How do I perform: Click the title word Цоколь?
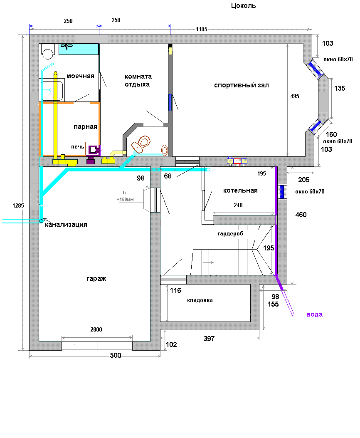(243, 6)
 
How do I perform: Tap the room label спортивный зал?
(242, 85)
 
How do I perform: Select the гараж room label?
(96, 279)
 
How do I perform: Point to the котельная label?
(240, 191)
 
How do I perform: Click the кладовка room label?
(200, 300)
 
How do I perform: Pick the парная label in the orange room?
(85, 127)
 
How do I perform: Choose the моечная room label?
(80, 76)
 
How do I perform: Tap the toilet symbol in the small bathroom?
(141, 144)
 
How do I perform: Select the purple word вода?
(315, 314)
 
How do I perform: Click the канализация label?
(66, 225)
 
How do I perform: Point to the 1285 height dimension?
(18, 205)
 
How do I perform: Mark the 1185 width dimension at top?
(202, 30)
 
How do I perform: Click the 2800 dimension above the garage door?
(96, 329)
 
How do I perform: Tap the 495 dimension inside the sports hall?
(295, 96)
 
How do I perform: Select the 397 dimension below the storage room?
(209, 339)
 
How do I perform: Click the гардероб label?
(230, 233)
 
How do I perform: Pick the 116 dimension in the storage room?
(175, 290)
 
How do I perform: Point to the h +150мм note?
(125, 196)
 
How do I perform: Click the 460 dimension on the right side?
(301, 215)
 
